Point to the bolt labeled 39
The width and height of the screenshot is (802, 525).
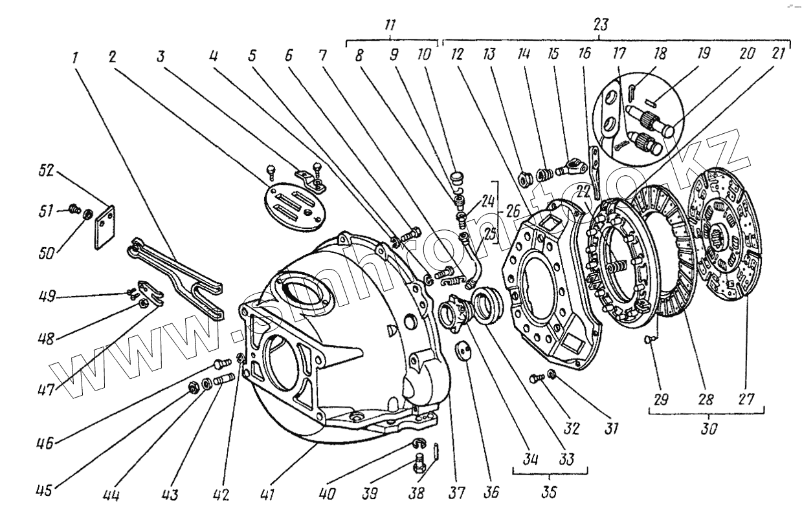pyautogui.click(x=418, y=463)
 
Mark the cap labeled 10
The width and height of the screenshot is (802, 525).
pyautogui.click(x=456, y=176)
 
